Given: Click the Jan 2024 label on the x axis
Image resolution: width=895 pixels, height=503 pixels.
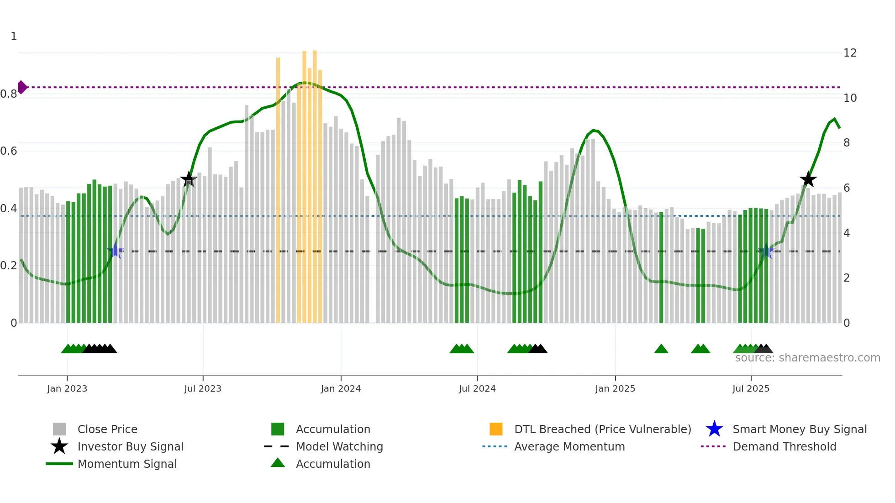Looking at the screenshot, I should (x=341, y=388).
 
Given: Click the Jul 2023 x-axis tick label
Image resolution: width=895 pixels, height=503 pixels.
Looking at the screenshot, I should (x=203, y=388).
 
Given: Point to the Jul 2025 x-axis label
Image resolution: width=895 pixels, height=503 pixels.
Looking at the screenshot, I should (x=751, y=388).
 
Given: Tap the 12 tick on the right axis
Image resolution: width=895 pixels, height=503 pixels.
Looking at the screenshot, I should (x=850, y=53).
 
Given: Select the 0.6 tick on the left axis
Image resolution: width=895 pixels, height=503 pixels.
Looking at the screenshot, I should (x=9, y=151).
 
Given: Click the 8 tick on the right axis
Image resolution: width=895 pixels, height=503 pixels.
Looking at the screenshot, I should (x=847, y=143).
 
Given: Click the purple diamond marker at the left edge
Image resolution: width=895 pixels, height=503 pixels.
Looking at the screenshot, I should (x=22, y=87).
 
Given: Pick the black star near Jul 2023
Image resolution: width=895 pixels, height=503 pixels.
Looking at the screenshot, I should (x=188, y=179).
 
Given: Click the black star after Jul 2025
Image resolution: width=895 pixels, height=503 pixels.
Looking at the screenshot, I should (x=808, y=179).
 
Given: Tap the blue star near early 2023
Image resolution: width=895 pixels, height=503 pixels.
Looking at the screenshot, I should (x=116, y=251).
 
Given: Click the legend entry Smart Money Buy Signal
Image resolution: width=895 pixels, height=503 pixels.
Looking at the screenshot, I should (x=799, y=429).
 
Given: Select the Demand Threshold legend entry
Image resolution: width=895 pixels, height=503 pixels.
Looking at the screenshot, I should (x=784, y=446).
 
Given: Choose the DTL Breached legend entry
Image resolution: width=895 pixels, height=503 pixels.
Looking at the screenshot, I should (x=602, y=429).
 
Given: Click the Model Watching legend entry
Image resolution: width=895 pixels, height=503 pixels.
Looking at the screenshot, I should (x=339, y=446).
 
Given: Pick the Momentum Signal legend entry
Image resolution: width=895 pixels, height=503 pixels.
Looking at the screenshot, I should (x=127, y=464).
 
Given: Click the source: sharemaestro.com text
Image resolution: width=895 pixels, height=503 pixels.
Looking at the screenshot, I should (x=807, y=358).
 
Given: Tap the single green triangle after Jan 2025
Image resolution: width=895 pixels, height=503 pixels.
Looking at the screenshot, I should (x=661, y=349).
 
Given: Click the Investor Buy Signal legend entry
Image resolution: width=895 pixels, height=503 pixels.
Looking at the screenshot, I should (x=130, y=446).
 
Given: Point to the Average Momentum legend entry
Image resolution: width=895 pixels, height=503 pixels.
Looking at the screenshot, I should (x=569, y=446).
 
